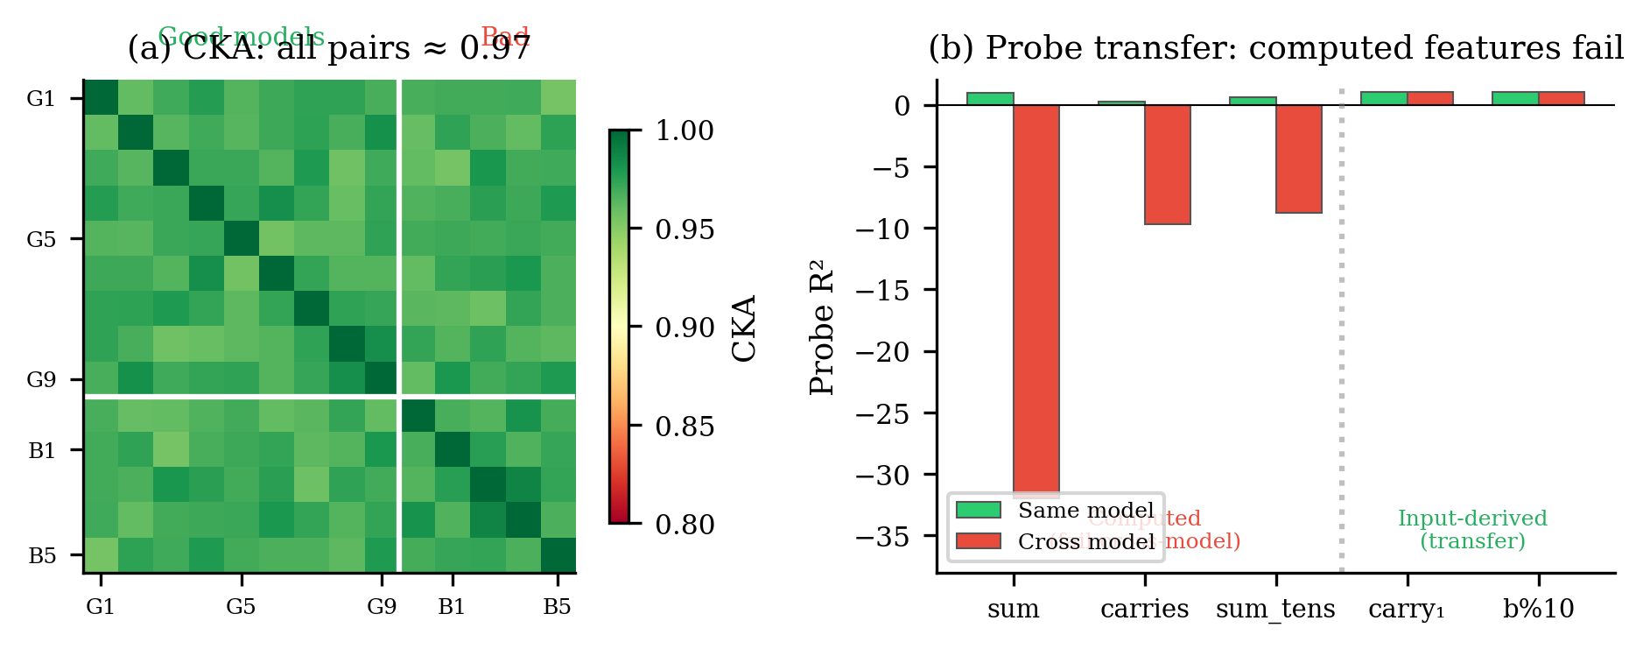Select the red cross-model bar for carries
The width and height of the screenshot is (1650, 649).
[1168, 165]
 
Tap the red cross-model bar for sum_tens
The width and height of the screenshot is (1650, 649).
[1299, 159]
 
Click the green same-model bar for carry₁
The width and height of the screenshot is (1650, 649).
[1384, 99]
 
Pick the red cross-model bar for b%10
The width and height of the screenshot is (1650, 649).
[1562, 99]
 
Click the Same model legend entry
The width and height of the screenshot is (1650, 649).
[1054, 511]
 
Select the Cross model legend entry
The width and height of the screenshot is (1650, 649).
[1054, 541]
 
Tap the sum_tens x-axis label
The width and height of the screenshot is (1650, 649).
[1275, 609]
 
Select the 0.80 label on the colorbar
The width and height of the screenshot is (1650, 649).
[685, 525]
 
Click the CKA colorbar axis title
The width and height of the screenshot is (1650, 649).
[744, 328]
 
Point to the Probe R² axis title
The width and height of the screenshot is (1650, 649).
[822, 328]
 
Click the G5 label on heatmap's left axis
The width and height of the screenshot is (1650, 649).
[41, 239]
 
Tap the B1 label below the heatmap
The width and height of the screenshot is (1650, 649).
[452, 607]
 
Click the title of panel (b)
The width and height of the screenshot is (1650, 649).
[1275, 48]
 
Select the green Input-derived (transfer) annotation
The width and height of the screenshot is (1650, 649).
[1472, 530]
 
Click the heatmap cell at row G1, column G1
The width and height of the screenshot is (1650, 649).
[101, 97]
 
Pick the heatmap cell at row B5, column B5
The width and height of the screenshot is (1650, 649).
[558, 555]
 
